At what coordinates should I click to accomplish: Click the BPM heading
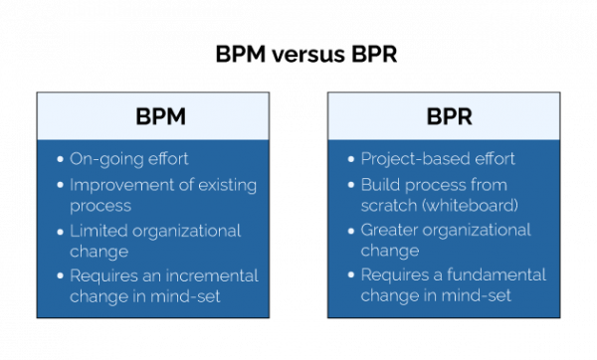coord(160,116)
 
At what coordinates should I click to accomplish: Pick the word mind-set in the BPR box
coord(478,295)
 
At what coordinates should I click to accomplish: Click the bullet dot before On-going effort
coord(59,159)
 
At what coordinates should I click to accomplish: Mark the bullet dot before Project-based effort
coord(350,159)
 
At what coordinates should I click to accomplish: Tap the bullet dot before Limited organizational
coord(59,231)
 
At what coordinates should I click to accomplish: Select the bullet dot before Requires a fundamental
coord(350,275)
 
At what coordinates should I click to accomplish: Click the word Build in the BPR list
coord(379,185)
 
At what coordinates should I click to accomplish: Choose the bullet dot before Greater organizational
coord(350,231)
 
